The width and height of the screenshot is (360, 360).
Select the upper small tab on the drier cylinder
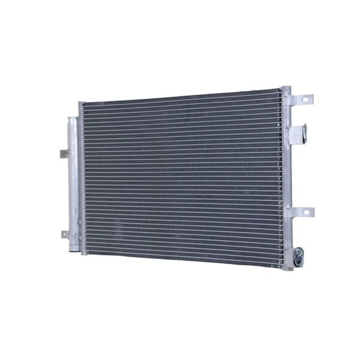tap(64, 154)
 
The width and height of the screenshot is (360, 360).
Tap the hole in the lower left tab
tap(63, 233)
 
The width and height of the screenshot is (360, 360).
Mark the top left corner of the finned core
tap(83, 106)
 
